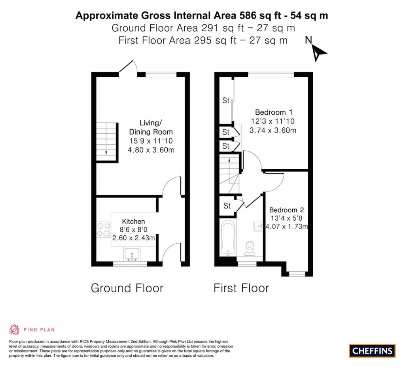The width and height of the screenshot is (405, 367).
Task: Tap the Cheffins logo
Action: pyautogui.click(x=372, y=350)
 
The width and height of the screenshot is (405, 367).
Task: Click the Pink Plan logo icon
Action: pyautogui.click(x=14, y=329)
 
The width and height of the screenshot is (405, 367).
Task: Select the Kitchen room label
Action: pyautogui.click(x=133, y=221)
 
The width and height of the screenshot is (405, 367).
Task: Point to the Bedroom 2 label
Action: pyautogui.click(x=286, y=210)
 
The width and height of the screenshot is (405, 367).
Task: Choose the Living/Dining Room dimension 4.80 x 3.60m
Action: pyautogui.click(x=151, y=150)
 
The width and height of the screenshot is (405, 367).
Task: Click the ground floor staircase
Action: pyautogui.click(x=107, y=142)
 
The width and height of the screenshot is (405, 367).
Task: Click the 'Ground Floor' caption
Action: pyautogui.click(x=127, y=288)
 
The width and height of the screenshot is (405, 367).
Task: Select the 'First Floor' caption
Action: pyautogui.click(x=241, y=288)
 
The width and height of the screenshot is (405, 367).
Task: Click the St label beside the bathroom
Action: pyautogui.click(x=227, y=206)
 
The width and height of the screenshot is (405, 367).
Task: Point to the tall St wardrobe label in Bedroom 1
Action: pyautogui.click(x=225, y=100)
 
